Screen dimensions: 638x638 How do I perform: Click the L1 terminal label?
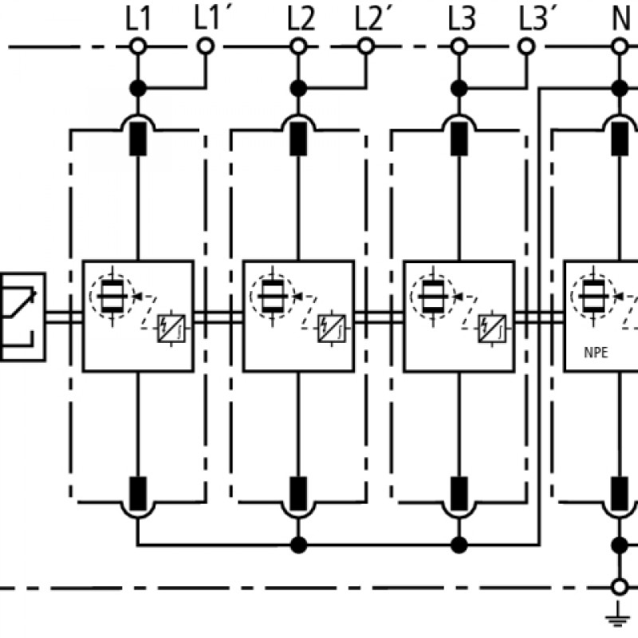tap(138, 19)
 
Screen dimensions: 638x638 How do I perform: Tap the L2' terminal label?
tap(368, 19)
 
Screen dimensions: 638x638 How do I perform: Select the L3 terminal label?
tap(462, 19)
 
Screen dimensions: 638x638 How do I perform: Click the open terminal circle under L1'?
tap(206, 46)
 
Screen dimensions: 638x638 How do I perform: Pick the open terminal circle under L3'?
tap(526, 46)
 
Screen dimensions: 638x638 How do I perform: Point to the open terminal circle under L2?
tap(298, 46)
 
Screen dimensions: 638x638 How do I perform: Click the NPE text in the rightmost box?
tap(596, 352)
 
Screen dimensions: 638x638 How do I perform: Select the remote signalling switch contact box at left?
tap(22, 317)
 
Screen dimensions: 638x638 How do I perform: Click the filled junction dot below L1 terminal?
tap(138, 88)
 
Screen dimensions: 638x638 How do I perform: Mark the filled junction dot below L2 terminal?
tap(298, 88)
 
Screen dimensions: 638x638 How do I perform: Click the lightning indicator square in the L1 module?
tap(171, 329)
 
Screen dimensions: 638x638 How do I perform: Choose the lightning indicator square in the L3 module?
tap(492, 329)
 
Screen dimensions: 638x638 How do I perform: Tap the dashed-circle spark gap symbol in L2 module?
tap(272, 296)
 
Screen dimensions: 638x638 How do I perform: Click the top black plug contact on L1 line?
tap(138, 139)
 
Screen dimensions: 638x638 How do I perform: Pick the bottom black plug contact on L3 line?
tap(459, 494)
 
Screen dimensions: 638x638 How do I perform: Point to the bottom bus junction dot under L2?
tap(298, 545)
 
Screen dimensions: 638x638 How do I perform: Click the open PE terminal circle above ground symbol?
tap(620, 587)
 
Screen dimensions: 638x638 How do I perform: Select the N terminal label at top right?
tap(621, 19)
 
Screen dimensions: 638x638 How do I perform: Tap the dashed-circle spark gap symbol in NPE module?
tap(593, 296)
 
